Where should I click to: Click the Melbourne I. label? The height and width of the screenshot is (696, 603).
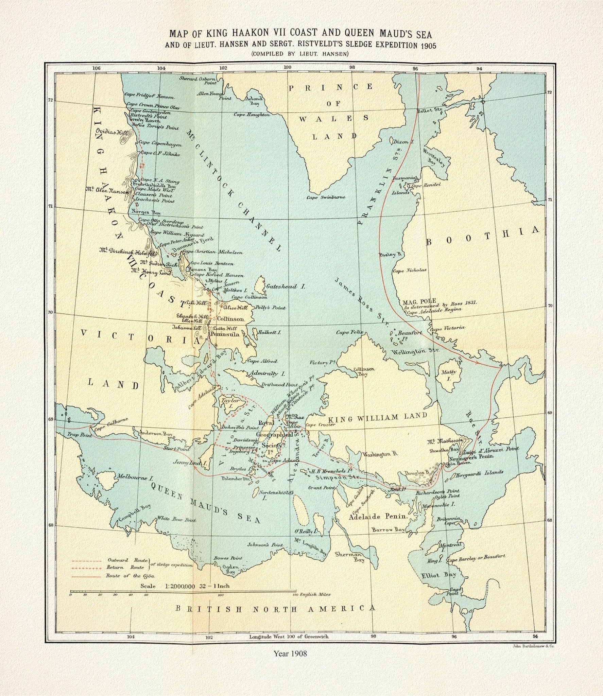[134, 477]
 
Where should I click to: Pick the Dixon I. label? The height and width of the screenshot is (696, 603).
[403, 142]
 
